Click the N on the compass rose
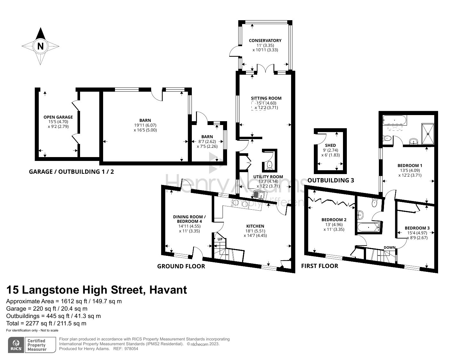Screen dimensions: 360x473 (40, 46)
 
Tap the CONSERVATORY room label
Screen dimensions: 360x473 (265, 40)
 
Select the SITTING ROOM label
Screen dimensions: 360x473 (266, 98)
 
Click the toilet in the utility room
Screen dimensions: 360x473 (269, 165)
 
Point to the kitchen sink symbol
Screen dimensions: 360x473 (258, 195)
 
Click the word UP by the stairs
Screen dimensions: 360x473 (220, 239)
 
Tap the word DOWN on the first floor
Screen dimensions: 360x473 (390, 247)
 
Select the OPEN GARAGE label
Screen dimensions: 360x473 (58, 117)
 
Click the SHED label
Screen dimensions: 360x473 (330, 145)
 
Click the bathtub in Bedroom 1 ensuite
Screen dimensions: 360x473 (395, 121)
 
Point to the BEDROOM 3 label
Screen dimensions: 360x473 (417, 228)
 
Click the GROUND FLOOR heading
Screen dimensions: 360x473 (181, 266)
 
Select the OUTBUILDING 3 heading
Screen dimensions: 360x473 (330, 180)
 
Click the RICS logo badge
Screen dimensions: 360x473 (16, 345)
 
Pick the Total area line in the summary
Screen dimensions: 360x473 (46, 323)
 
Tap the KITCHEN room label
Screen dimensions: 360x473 (255, 226)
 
